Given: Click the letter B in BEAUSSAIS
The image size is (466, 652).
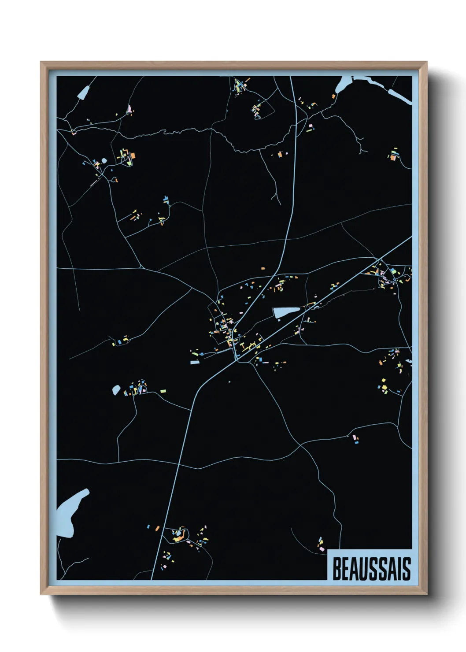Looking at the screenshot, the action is [337, 569].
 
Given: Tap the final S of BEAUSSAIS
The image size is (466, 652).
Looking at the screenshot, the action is [406, 569].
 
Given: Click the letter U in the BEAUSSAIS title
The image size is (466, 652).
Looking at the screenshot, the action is [364, 569].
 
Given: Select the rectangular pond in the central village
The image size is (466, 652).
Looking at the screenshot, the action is [286, 312].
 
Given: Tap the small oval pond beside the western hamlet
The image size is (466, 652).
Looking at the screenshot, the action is [116, 390].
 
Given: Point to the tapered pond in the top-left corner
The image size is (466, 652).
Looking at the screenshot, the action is [83, 92].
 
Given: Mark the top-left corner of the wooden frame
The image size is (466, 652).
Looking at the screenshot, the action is [41, 62].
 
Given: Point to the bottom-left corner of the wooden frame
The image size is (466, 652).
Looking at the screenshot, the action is [41, 594].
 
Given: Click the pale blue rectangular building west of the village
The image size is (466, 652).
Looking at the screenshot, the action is [195, 363].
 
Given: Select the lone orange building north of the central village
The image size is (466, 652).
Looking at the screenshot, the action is [263, 268].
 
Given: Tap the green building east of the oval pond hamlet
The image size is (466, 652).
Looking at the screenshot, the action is [163, 391].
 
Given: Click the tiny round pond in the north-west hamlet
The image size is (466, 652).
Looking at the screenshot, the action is [104, 161].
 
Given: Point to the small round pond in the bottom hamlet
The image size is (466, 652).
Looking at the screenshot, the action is [180, 532].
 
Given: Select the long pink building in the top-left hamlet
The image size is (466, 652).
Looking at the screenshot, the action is [129, 108].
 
